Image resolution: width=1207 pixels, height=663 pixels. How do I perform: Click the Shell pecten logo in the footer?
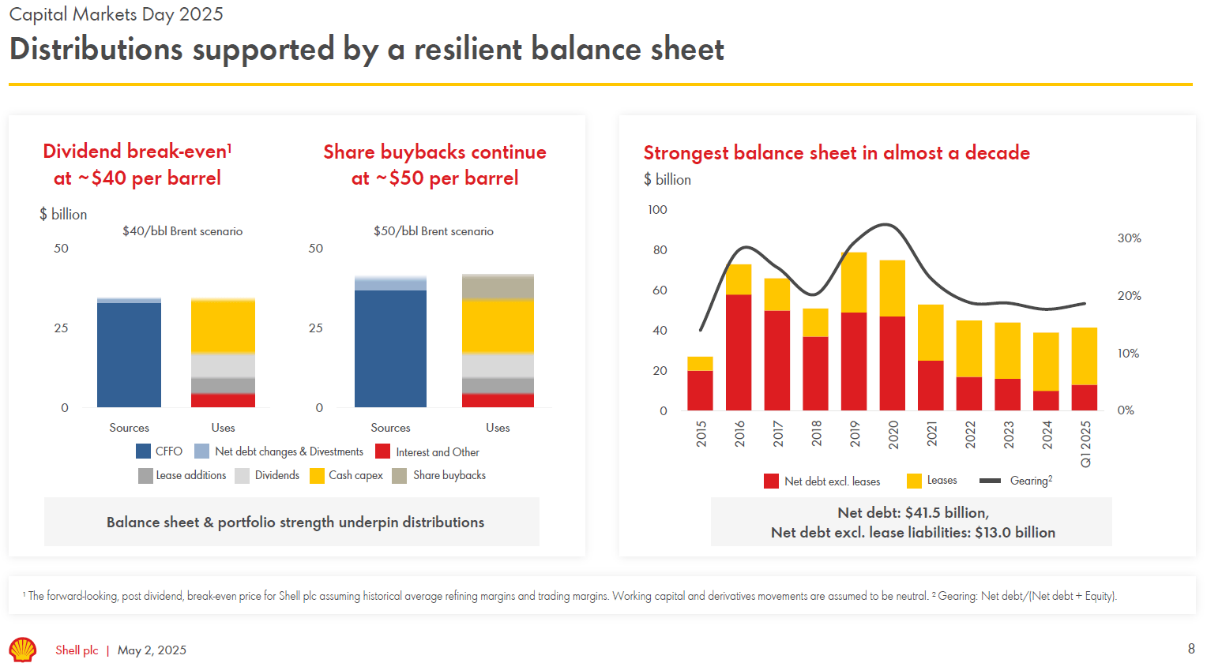[22, 649]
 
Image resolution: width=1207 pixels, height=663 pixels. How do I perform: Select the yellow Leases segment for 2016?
[739, 279]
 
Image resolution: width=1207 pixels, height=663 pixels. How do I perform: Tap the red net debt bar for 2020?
[892, 363]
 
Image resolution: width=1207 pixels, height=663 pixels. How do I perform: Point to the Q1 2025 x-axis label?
[1085, 444]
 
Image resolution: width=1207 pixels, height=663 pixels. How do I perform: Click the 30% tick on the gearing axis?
[1129, 238]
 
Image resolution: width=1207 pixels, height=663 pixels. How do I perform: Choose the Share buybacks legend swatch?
[400, 475]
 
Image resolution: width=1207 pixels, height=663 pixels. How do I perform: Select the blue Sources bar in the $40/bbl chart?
[129, 354]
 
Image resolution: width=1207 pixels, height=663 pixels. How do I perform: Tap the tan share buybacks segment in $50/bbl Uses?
[498, 287]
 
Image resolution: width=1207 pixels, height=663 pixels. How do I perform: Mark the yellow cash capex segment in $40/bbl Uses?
[223, 326]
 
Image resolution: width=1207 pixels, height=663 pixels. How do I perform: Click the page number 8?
[1191, 649]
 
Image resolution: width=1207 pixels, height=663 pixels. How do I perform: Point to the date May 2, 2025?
[152, 650]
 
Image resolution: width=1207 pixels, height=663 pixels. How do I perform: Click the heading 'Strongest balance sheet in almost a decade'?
[837, 152]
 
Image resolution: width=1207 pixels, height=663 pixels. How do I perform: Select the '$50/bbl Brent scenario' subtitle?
[434, 231]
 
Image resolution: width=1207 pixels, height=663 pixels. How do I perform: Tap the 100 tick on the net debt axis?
[657, 210]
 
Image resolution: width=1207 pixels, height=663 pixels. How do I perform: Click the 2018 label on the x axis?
[816, 433]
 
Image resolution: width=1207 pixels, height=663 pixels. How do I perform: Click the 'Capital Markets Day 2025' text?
[116, 14]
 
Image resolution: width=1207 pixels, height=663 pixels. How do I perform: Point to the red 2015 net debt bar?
[700, 390]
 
